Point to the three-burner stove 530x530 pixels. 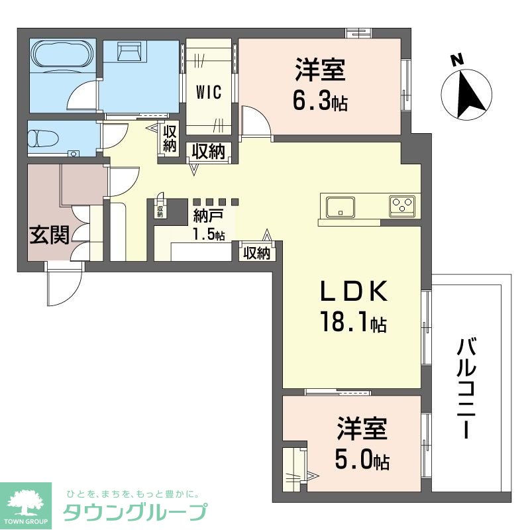401,205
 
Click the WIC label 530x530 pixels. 208,91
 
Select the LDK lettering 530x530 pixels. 352,292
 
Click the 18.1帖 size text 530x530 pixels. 351,323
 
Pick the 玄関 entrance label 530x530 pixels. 49,235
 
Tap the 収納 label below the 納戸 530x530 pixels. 256,252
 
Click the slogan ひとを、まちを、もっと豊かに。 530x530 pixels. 132,494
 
